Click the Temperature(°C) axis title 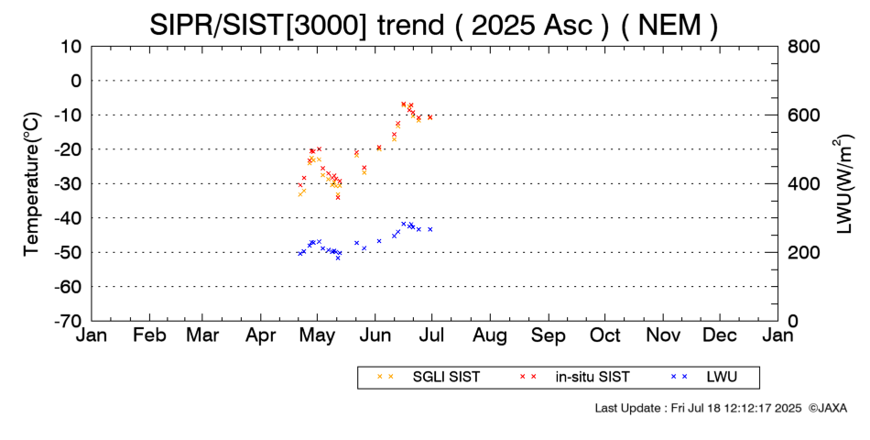(31, 183)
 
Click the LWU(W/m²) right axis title (843, 183)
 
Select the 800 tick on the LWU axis (803, 46)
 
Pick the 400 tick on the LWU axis (803, 183)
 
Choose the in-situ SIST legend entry (592, 377)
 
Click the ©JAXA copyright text (828, 408)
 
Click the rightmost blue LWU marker (430, 229)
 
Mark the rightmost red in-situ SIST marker (430, 117)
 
